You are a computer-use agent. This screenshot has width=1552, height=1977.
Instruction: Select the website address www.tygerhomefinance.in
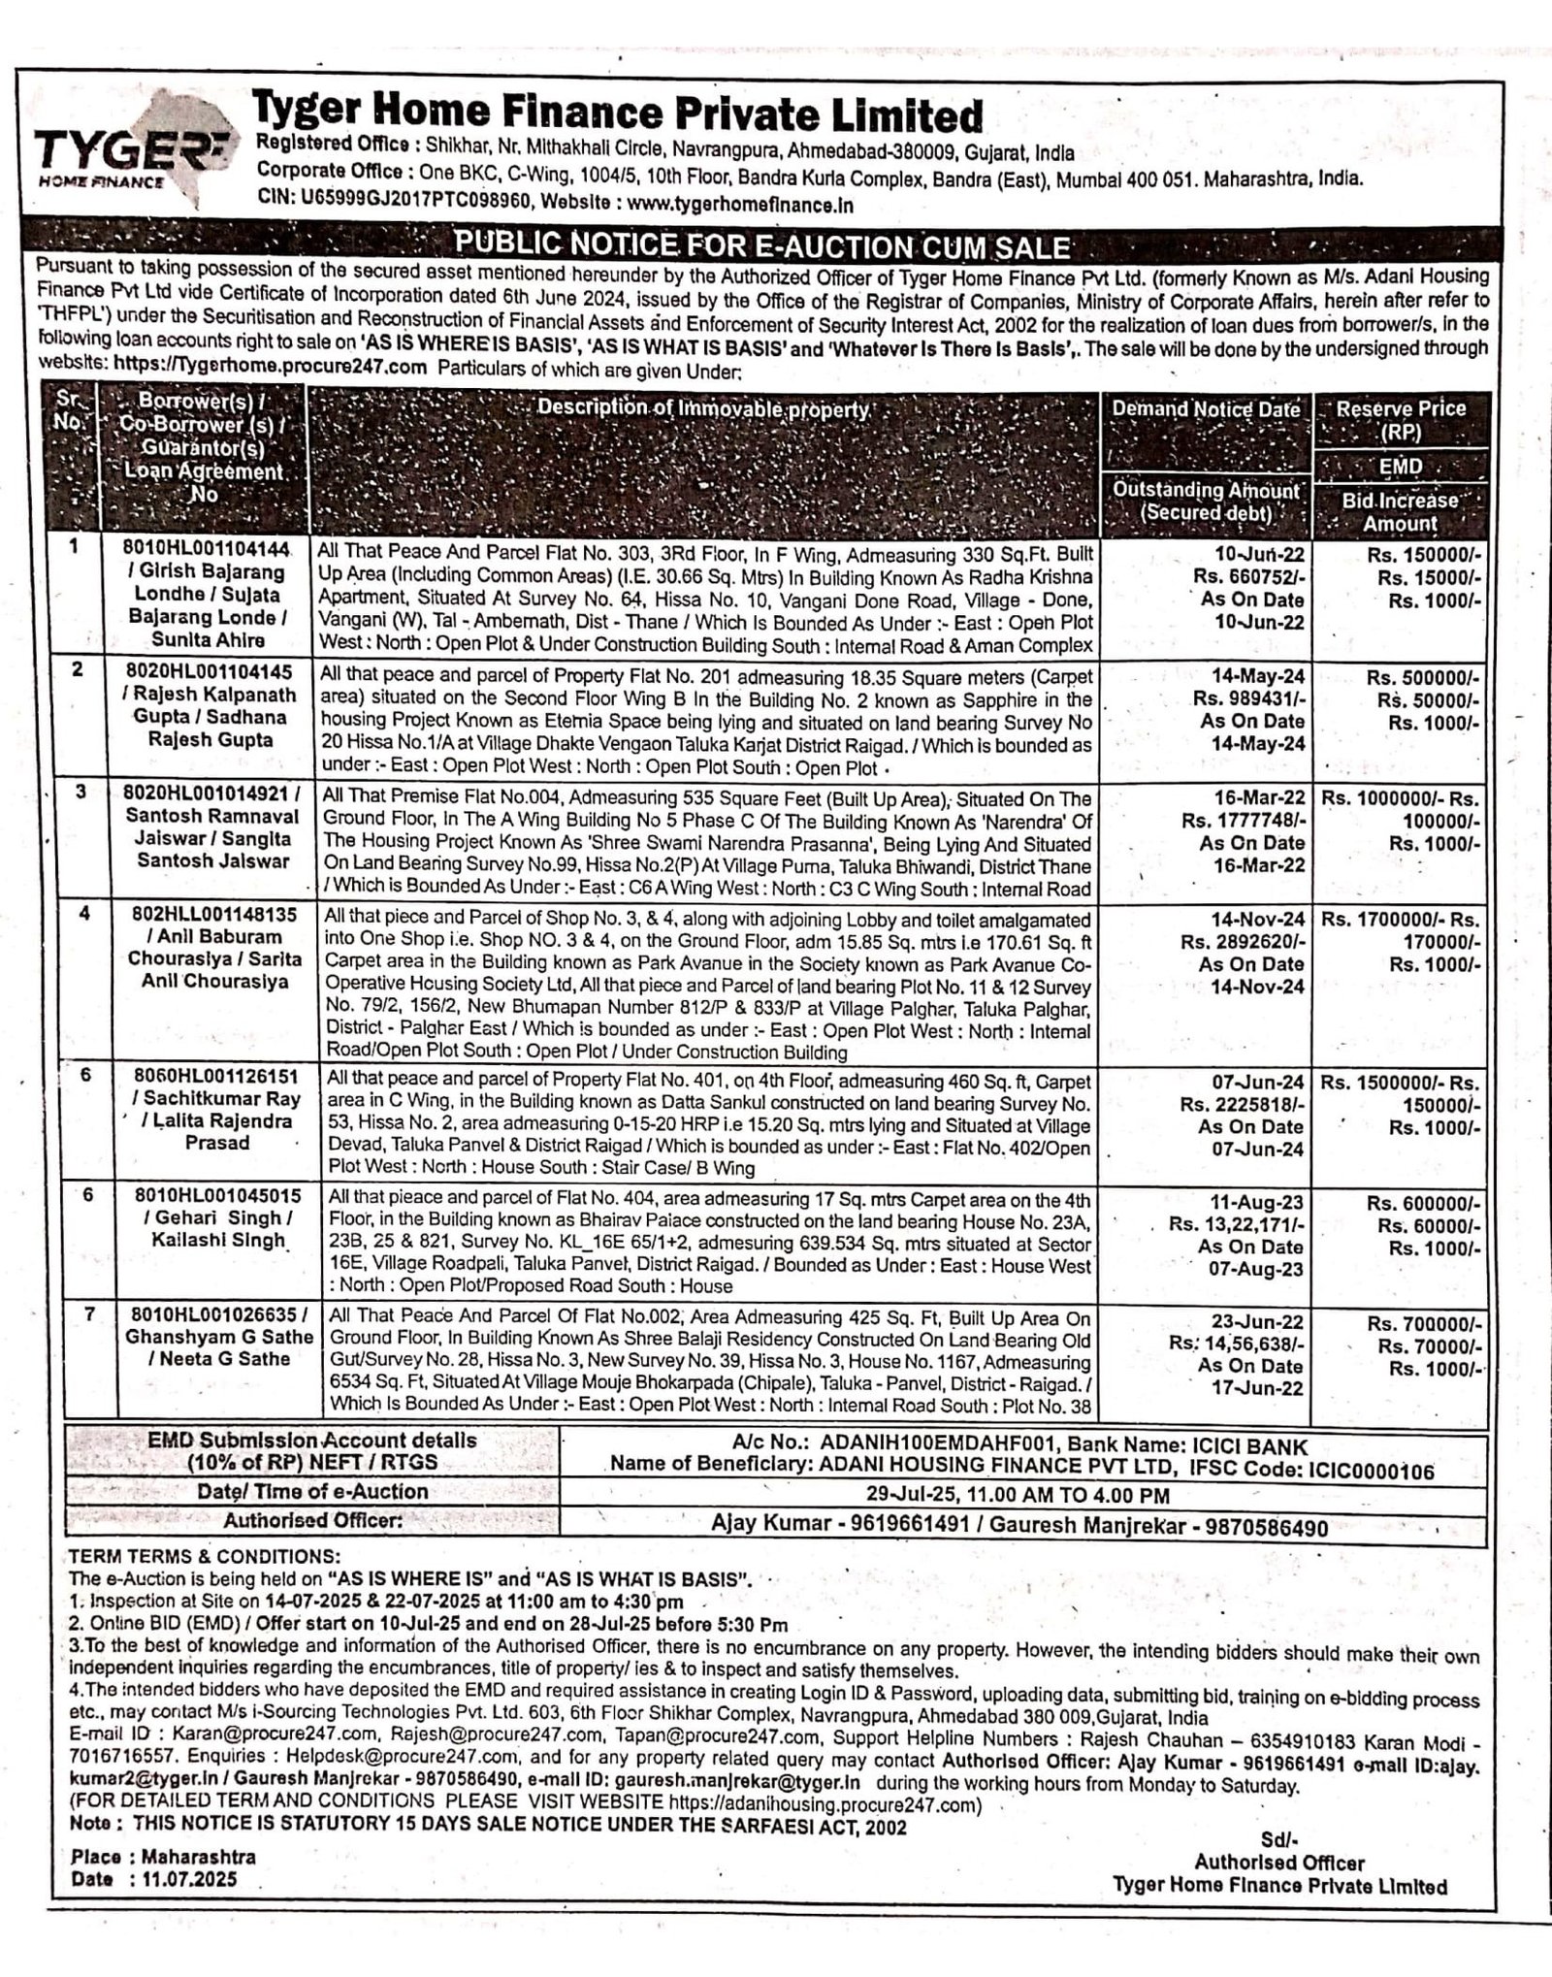740,205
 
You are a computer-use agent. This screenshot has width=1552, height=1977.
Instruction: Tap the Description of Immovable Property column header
703,408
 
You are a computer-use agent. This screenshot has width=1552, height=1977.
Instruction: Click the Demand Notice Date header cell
1206,409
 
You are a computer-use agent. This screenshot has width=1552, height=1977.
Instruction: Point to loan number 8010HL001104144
207,550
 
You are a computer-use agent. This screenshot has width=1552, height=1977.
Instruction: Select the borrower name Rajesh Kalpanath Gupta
212,695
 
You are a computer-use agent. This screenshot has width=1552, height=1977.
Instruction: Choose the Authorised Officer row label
312,1521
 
